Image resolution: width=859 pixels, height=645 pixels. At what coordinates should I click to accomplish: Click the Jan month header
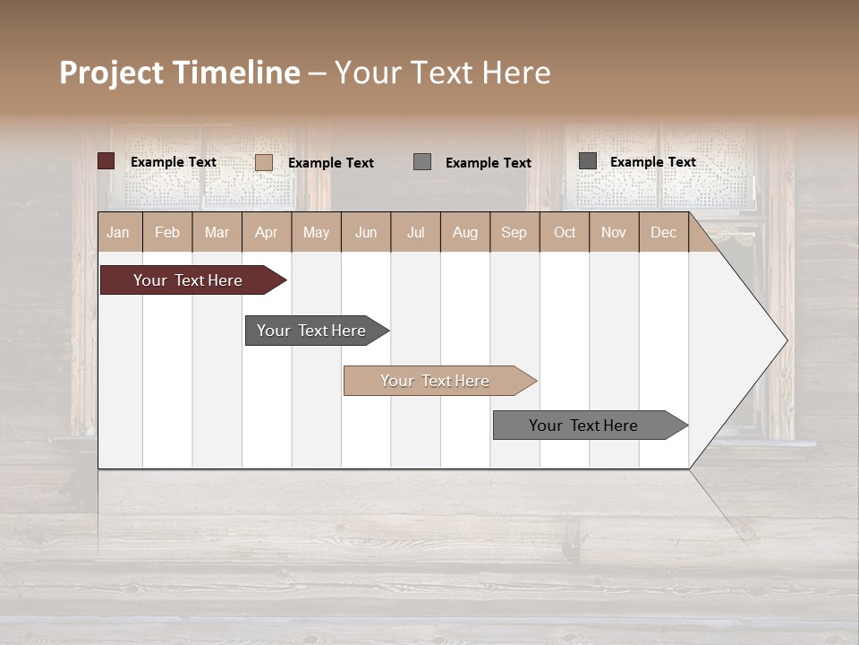119,232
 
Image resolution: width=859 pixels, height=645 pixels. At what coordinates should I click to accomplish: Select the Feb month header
167,232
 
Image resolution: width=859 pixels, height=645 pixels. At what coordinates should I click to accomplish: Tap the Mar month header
217,232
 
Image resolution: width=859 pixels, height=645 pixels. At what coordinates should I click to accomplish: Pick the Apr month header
267,232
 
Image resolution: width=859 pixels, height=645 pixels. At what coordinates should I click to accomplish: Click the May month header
316,232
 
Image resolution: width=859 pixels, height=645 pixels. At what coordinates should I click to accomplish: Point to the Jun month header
366,232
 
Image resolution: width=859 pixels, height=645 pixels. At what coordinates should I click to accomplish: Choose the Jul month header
415,232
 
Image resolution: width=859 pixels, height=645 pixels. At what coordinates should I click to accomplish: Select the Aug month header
465,232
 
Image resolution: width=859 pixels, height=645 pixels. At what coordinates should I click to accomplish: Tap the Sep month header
515,232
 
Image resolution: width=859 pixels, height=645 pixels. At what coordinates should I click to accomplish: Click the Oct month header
565,232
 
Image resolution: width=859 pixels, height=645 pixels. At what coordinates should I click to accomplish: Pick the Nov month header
614,232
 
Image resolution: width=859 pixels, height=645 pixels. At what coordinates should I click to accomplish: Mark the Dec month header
664,232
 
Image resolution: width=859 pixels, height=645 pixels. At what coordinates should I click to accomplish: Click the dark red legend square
106,161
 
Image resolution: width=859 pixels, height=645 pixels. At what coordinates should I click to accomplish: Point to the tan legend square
264,162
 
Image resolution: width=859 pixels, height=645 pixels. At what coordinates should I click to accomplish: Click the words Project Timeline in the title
180,73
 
